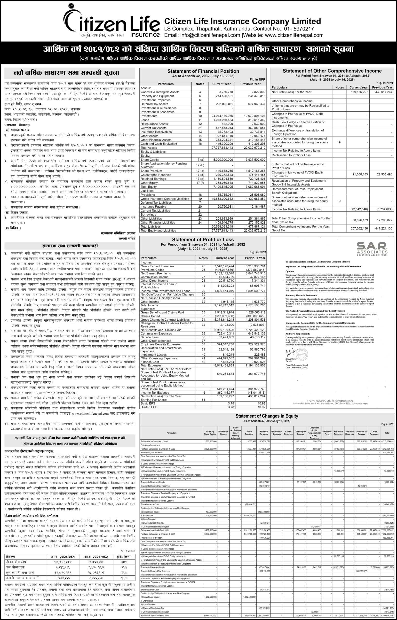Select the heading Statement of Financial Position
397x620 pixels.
(203, 71)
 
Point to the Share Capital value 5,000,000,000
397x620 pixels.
(223, 160)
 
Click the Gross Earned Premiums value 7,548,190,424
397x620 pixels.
(224, 266)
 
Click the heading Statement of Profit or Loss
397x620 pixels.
(203, 240)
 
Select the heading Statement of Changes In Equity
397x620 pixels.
(267, 416)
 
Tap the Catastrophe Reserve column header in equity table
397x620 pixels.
(300, 433)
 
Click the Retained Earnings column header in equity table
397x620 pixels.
(263, 433)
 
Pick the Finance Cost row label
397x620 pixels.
(150, 362)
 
